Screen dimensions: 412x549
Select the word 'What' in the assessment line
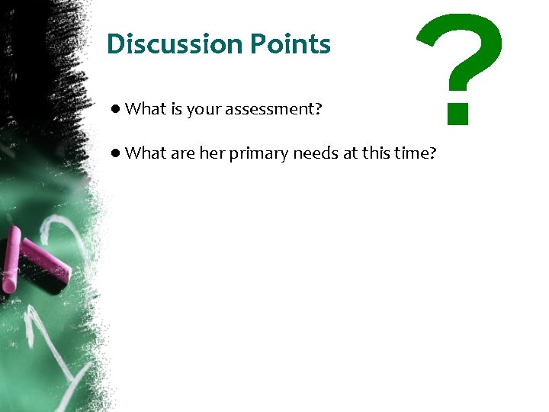coord(145,109)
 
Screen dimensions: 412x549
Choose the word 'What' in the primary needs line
coord(145,153)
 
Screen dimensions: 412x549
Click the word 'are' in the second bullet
coord(183,154)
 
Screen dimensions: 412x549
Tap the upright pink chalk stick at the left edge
coord(11,259)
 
